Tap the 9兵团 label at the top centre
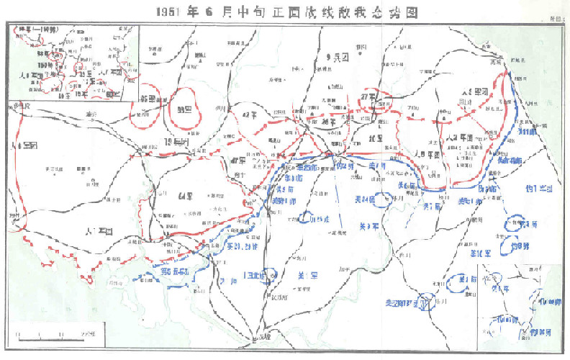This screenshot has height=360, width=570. click(x=335, y=56)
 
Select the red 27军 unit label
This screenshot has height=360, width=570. click(x=370, y=96)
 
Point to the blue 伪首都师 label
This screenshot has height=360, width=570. click(x=510, y=160)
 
